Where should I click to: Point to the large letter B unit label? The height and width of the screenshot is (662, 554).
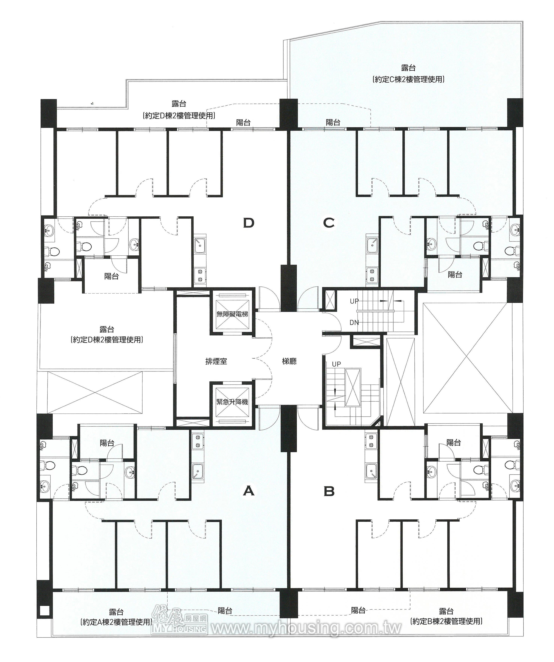point(329,491)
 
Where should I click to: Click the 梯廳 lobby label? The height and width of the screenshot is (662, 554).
point(289,361)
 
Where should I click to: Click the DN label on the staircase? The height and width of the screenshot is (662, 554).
point(354,323)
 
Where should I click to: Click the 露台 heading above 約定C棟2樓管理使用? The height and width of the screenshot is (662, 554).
point(408,68)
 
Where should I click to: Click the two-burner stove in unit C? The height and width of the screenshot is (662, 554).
point(372,275)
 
